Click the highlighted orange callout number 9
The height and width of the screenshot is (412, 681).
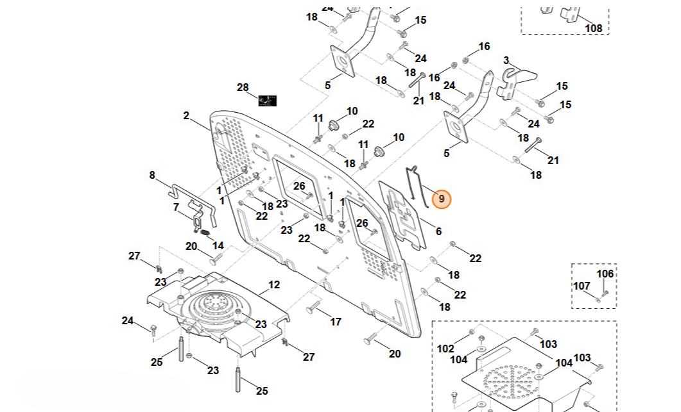(x=441, y=199)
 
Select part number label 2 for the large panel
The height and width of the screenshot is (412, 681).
(x=186, y=116)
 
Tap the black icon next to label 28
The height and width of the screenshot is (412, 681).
(x=268, y=101)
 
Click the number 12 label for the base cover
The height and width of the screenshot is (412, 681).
(x=274, y=285)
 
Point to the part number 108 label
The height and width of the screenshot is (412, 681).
(x=594, y=29)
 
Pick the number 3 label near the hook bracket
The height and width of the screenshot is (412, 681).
(x=506, y=60)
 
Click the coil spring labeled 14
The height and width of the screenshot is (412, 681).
(x=205, y=235)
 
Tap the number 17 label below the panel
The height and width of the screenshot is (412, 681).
(x=336, y=322)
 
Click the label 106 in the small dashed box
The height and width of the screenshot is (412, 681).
(x=605, y=274)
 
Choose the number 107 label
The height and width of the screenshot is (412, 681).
(x=582, y=286)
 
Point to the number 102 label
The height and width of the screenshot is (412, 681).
(x=445, y=349)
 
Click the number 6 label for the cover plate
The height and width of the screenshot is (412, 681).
(x=438, y=231)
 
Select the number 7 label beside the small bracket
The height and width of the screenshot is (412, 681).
(x=176, y=208)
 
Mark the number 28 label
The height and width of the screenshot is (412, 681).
(x=243, y=87)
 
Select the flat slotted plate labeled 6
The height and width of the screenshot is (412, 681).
(x=402, y=214)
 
